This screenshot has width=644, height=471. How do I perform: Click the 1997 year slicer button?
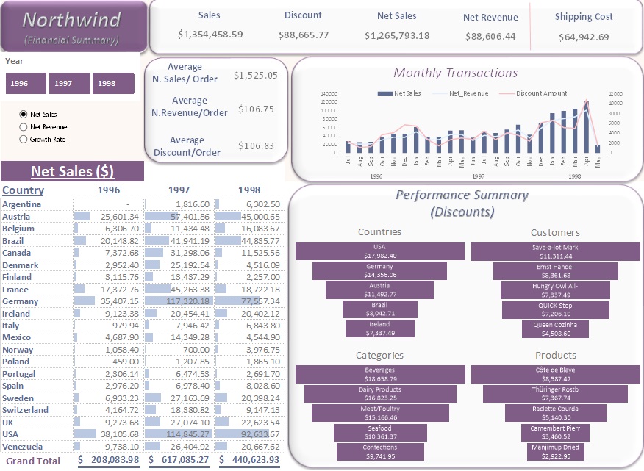coord(69,84)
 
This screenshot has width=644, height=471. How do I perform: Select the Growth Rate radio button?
coord(24,139)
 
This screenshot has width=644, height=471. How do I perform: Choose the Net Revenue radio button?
coord(24,127)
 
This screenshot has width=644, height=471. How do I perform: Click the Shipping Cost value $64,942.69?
coord(583,37)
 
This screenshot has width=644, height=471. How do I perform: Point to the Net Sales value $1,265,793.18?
coord(397,35)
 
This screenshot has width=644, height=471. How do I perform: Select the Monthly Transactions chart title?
coord(455,73)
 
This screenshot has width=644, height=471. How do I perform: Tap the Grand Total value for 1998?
coord(246,460)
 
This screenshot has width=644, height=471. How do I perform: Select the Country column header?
coord(24,190)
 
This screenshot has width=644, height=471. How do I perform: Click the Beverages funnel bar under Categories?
coord(379,374)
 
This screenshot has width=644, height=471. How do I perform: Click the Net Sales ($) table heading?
coord(72,172)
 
